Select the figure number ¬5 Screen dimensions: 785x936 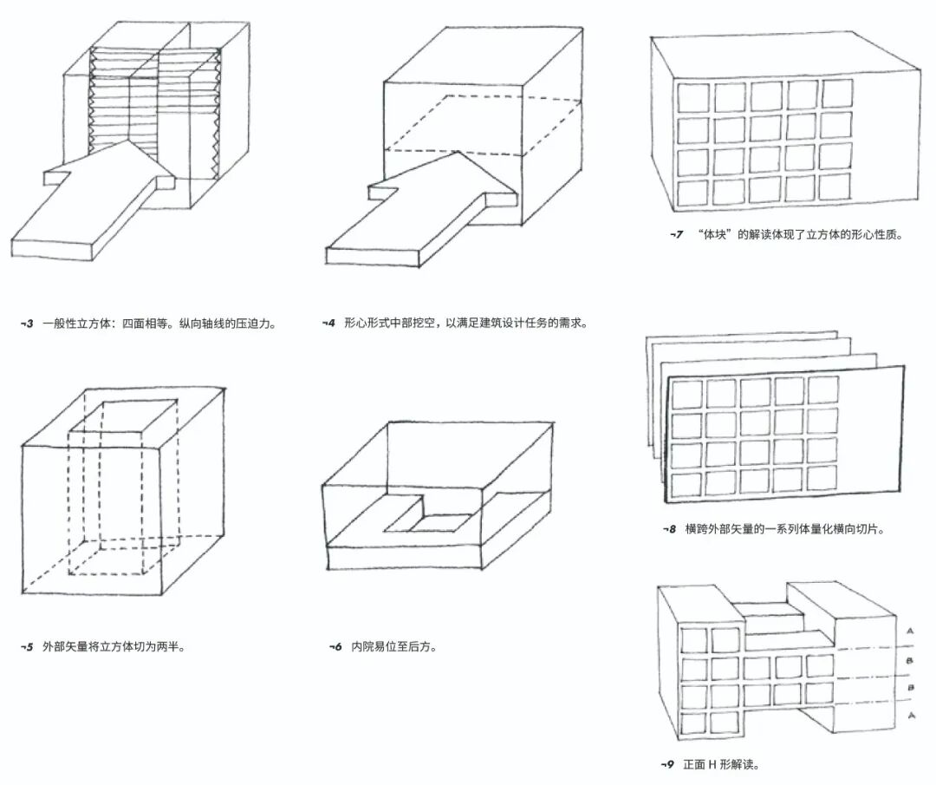[x=27, y=646]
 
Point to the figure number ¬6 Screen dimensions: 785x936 [x=335, y=646]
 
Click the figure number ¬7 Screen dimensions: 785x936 [x=677, y=234]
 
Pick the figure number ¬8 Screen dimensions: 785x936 [x=669, y=527]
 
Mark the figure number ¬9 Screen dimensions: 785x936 [x=667, y=764]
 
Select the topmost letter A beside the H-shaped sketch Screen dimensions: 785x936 [x=908, y=631]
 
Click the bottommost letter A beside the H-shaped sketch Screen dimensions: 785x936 [x=908, y=716]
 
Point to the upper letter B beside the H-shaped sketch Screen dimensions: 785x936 [x=908, y=660]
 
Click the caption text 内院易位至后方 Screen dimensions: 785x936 [x=393, y=646]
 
